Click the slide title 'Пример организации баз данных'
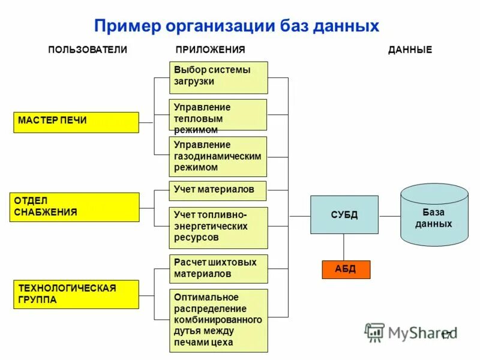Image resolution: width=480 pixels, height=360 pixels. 237,26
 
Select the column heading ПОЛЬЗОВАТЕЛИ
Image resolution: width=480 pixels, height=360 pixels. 88,50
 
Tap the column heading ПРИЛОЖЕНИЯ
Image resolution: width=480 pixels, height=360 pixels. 210,50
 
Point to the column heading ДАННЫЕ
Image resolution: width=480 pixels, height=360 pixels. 410,50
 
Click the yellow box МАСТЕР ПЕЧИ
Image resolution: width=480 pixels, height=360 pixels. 76,122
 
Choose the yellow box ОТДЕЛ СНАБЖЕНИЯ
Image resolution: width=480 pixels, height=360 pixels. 74,207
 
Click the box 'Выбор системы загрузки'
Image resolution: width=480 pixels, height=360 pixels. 218,77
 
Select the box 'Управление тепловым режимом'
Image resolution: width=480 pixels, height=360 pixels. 218,115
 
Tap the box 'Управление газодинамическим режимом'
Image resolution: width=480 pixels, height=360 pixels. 218,156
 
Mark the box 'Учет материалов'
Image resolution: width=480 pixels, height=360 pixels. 218,190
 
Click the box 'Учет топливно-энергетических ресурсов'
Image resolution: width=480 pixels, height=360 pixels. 218,227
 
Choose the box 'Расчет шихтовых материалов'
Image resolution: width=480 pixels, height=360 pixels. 218,268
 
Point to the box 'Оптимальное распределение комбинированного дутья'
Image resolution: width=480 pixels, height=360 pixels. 218,320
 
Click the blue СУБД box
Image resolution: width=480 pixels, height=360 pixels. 344,215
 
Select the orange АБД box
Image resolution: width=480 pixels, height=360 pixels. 346,269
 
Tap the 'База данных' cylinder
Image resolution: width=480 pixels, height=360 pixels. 434,216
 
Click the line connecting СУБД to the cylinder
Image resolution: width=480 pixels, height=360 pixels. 389,216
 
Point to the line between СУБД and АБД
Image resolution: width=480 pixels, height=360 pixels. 344,247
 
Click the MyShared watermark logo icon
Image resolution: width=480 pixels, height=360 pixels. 375,332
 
